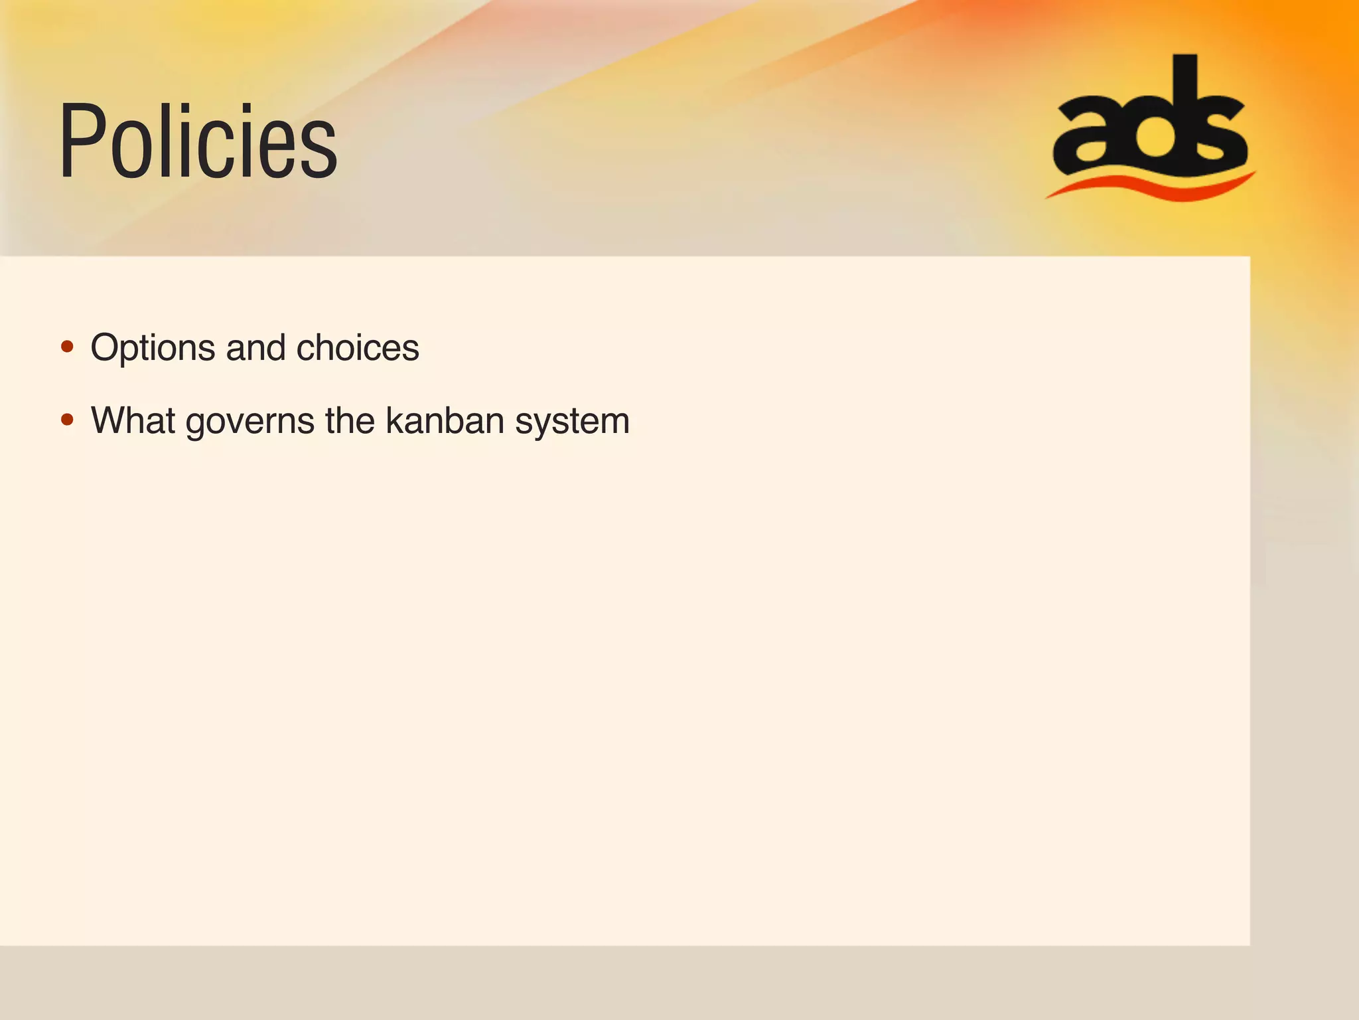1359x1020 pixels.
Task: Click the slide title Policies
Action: pyautogui.click(x=198, y=141)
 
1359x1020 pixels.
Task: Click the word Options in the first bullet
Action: pyautogui.click(x=153, y=348)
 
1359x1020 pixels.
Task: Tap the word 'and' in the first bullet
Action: pyautogui.click(x=255, y=348)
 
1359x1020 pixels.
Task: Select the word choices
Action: pyautogui.click(x=358, y=348)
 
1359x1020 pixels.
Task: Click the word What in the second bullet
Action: pyautogui.click(x=133, y=420)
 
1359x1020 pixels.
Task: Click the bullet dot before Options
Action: pyautogui.click(x=67, y=347)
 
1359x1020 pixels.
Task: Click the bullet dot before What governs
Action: pyautogui.click(x=67, y=420)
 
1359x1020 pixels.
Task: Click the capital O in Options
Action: pyautogui.click(x=107, y=347)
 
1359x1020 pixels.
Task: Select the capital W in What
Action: pyautogui.click(x=112, y=420)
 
